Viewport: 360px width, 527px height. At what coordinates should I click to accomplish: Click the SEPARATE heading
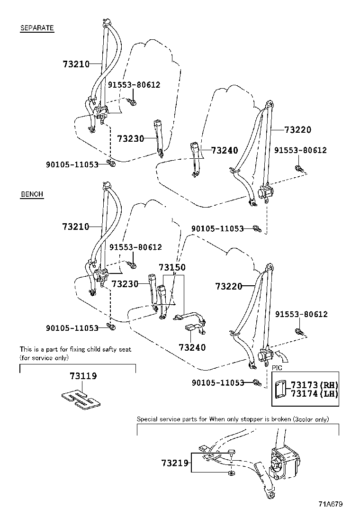point(37,28)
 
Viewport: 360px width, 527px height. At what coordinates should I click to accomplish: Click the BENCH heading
point(32,194)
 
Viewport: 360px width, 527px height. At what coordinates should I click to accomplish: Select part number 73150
point(172,268)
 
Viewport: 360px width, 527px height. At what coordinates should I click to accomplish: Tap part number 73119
point(83,376)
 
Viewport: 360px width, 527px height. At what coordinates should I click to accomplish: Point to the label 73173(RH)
point(314,384)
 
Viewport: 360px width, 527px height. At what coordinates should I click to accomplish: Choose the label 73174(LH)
point(314,393)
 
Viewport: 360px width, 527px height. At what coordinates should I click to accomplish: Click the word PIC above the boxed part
point(277,367)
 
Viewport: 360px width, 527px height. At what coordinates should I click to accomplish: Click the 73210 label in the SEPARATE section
point(76,64)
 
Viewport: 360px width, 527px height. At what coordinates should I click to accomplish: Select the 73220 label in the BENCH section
point(229,286)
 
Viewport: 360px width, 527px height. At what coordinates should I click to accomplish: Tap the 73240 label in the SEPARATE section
point(225,150)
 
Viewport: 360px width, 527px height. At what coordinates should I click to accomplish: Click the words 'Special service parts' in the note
point(165,419)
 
